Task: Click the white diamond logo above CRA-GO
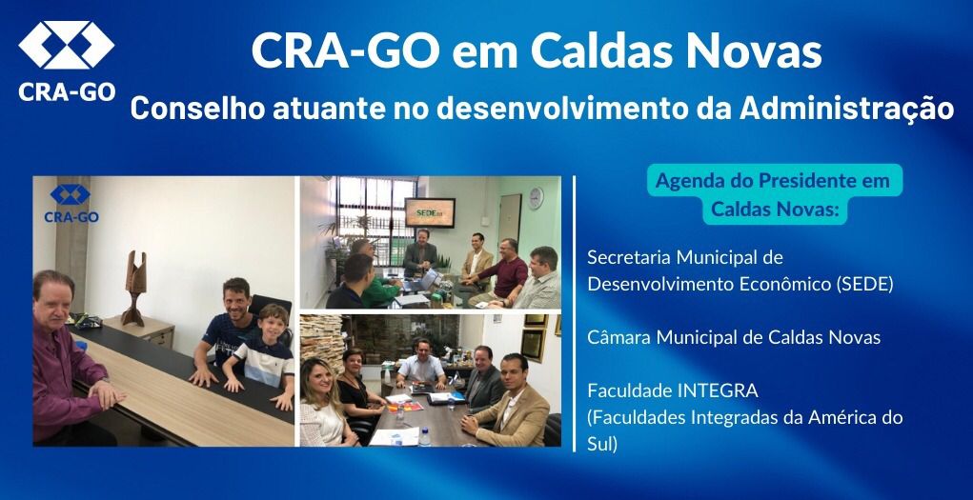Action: (x=67, y=45)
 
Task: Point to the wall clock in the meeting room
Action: (x=536, y=198)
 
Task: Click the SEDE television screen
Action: (x=430, y=212)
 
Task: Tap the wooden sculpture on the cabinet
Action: (x=134, y=288)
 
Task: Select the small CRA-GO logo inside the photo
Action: (x=71, y=203)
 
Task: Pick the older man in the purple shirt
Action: (x=70, y=360)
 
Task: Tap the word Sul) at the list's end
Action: (x=602, y=445)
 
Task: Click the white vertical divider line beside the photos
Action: (x=575, y=314)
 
